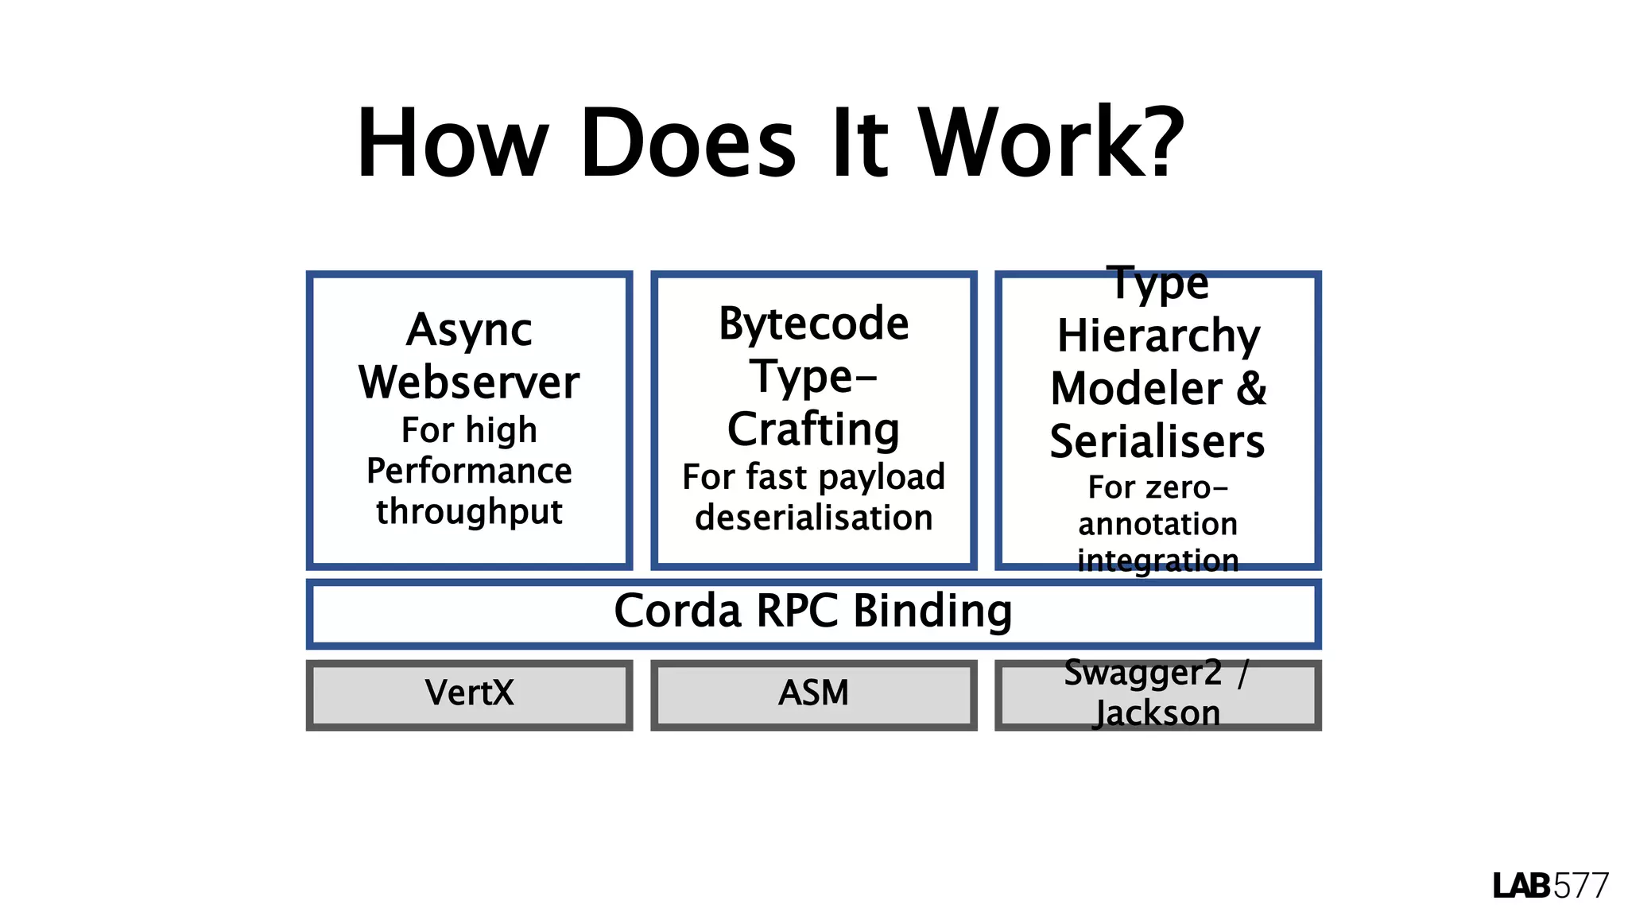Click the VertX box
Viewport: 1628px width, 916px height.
pyautogui.click(x=469, y=693)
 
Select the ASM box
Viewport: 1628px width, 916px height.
pyautogui.click(x=813, y=693)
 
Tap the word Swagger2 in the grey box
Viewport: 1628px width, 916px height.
pyautogui.click(x=1142, y=673)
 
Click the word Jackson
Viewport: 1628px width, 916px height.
pyautogui.click(x=1157, y=713)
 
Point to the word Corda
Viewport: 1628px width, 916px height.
pyautogui.click(x=678, y=611)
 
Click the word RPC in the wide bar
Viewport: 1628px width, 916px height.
pyautogui.click(x=797, y=611)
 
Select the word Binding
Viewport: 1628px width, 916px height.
pyautogui.click(x=932, y=611)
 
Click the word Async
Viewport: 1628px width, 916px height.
pyautogui.click(x=469, y=330)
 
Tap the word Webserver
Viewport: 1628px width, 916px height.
pyautogui.click(x=469, y=382)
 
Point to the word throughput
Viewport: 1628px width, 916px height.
pyautogui.click(x=469, y=511)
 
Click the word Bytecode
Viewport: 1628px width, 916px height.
pyautogui.click(x=813, y=324)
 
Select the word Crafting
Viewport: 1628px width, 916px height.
pyautogui.click(x=813, y=429)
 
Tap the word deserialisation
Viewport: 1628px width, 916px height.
pyautogui.click(x=813, y=518)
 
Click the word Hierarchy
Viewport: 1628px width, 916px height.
pyautogui.click(x=1158, y=336)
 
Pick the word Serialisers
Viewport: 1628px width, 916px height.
pyautogui.click(x=1157, y=442)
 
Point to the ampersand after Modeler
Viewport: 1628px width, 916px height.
pyautogui.click(x=1251, y=389)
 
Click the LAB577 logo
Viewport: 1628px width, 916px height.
pyautogui.click(x=1550, y=886)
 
